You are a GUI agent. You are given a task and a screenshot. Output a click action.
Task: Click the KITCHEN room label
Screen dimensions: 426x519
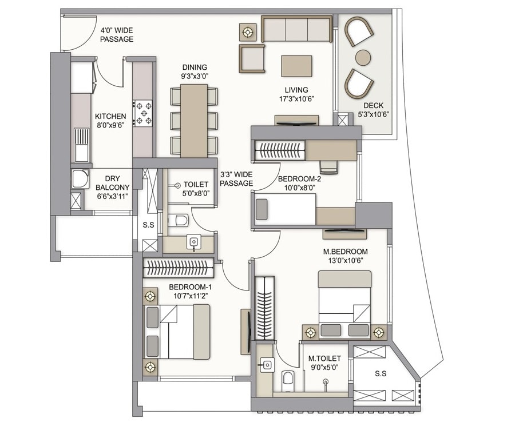pyautogui.click(x=110, y=117)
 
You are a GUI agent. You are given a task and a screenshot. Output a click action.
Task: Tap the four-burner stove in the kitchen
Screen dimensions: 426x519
pyautogui.click(x=142, y=113)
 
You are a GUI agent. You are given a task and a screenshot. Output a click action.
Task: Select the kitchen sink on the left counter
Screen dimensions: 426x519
pyautogui.click(x=81, y=144)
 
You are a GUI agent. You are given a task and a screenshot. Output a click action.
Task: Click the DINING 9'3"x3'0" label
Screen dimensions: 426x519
pyautogui.click(x=195, y=71)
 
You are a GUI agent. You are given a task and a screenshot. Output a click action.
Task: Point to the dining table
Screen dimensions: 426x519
pyautogui.click(x=194, y=121)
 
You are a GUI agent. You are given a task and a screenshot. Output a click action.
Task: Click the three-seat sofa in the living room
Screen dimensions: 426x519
pyautogui.click(x=296, y=29)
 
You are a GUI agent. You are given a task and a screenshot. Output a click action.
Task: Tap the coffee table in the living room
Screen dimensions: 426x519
pyautogui.click(x=296, y=66)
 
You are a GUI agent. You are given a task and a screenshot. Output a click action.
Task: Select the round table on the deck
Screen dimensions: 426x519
pyautogui.click(x=363, y=57)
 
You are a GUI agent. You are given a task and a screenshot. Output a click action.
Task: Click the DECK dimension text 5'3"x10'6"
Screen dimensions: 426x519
pyautogui.click(x=373, y=114)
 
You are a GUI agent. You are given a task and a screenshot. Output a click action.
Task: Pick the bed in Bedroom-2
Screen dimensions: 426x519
pyautogui.click(x=284, y=209)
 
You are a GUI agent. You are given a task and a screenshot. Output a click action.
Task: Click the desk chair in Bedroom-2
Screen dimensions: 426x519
pyautogui.click(x=328, y=166)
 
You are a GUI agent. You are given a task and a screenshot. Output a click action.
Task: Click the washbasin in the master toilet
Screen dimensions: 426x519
pyautogui.click(x=267, y=364)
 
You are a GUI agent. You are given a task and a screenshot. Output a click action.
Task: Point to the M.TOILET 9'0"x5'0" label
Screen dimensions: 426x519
pyautogui.click(x=324, y=363)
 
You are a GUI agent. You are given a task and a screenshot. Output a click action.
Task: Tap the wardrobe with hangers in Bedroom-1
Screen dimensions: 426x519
pyautogui.click(x=177, y=268)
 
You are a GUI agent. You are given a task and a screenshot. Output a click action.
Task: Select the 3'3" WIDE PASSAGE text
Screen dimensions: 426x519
pyautogui.click(x=236, y=180)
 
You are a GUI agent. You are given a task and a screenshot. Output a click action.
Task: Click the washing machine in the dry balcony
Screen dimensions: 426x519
pyautogui.click(x=80, y=179)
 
